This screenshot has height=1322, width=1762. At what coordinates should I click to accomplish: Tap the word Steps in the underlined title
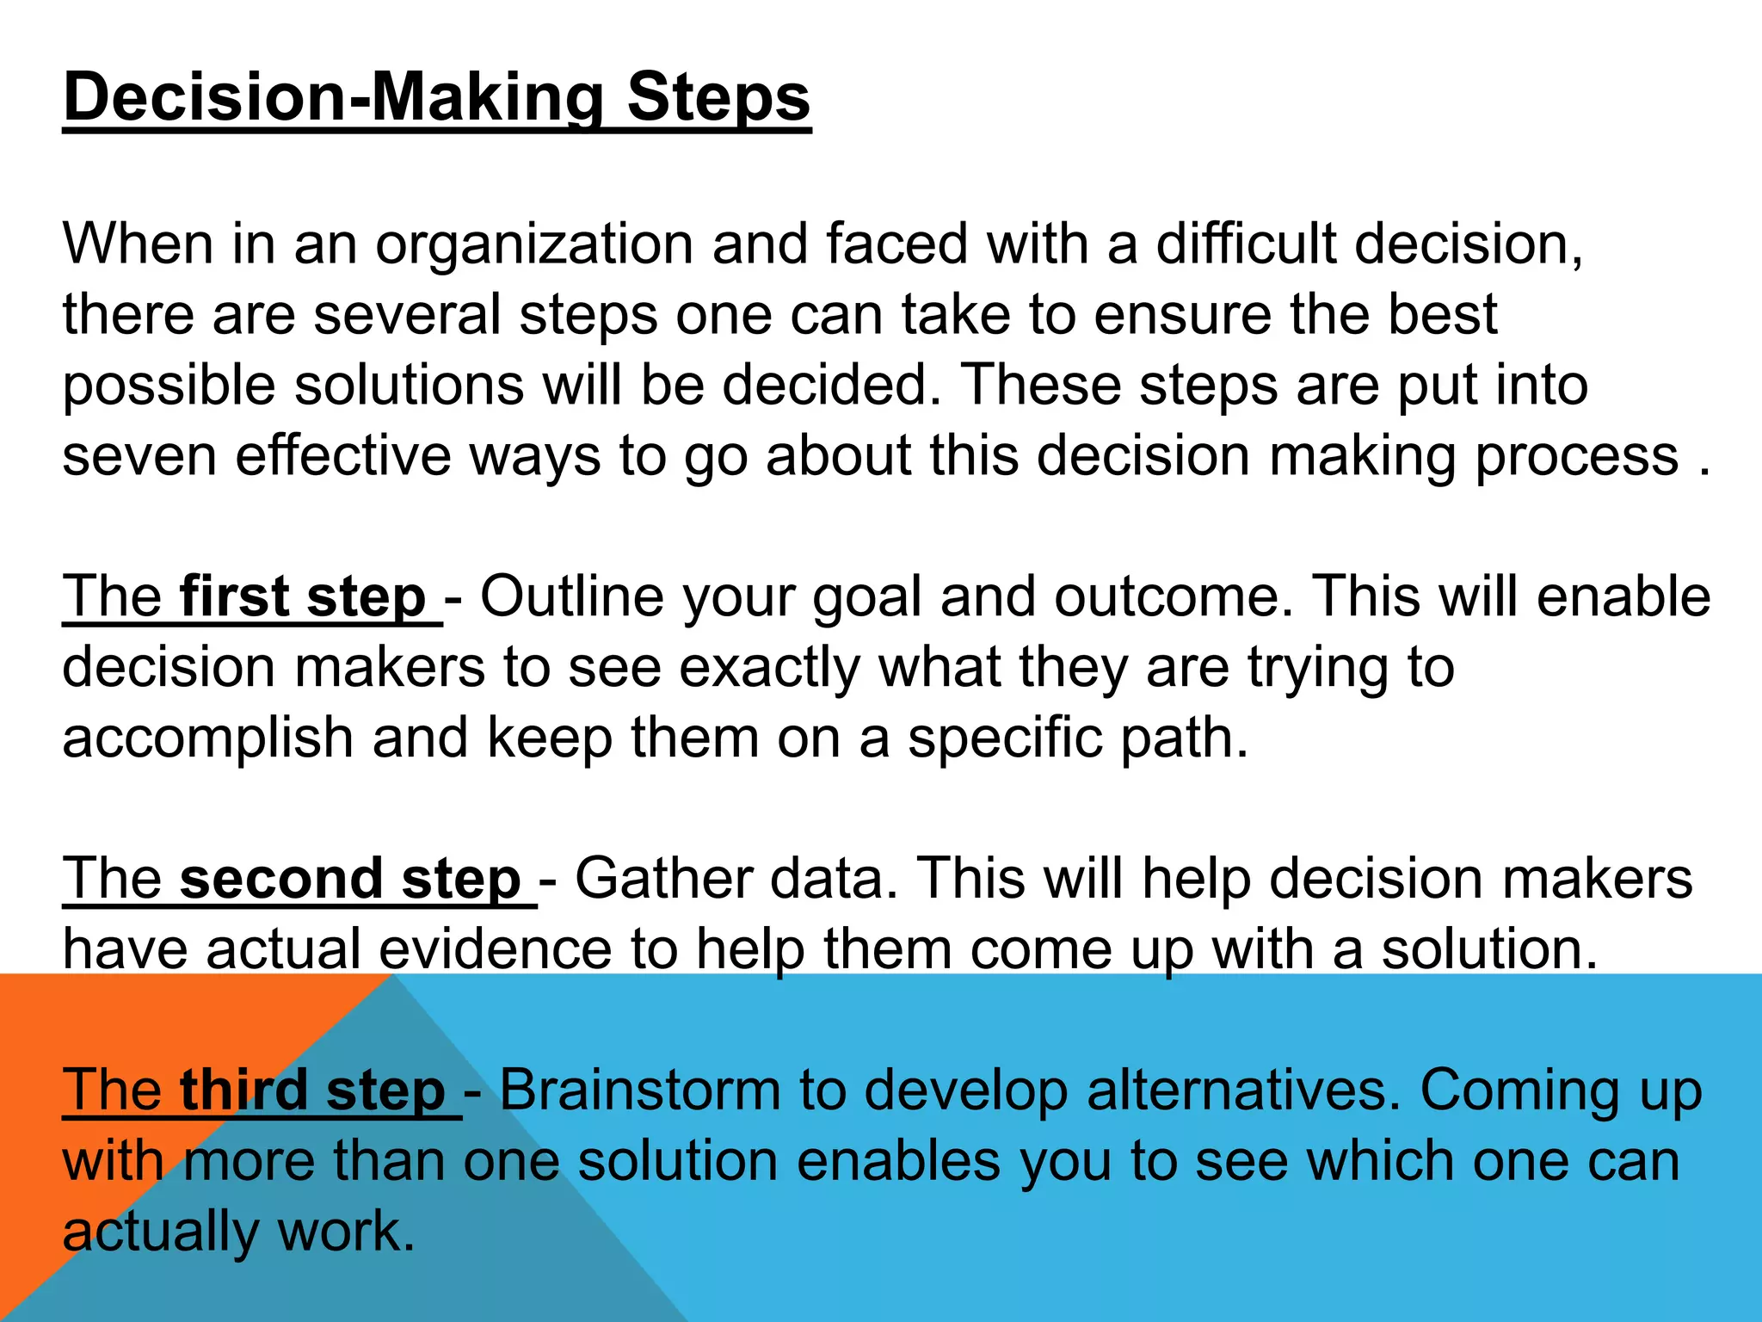[x=718, y=97]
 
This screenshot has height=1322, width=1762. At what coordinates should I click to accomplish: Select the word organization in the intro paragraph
[x=534, y=244]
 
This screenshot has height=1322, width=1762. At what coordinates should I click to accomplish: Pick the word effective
[x=343, y=456]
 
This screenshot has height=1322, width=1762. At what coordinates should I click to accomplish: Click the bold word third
[x=243, y=1090]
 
